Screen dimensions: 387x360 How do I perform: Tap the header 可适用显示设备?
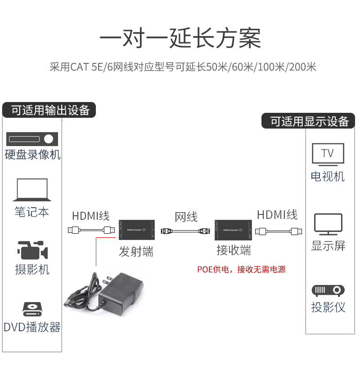pyautogui.click(x=309, y=121)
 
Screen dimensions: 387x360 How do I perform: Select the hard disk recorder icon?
pyautogui.click(x=33, y=138)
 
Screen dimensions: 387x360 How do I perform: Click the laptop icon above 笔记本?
pyautogui.click(x=32, y=190)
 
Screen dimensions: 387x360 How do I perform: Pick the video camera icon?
pyautogui.click(x=32, y=250)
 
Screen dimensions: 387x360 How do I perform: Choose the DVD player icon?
pyautogui.click(x=32, y=309)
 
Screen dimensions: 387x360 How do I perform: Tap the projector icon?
pyautogui.click(x=328, y=290)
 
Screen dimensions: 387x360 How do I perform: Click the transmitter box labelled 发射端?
pyautogui.click(x=136, y=231)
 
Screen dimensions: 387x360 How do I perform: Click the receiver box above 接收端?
pyautogui.click(x=233, y=231)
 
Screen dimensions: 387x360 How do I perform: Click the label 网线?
pyautogui.click(x=186, y=217)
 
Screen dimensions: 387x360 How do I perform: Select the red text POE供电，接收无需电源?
pyautogui.click(x=241, y=270)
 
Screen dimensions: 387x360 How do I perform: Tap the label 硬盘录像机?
pyautogui.click(x=32, y=155)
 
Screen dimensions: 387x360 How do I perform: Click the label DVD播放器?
pyautogui.click(x=32, y=327)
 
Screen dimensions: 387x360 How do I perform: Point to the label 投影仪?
pyautogui.click(x=328, y=307)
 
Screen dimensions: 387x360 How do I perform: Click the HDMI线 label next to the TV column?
pyautogui.click(x=277, y=215)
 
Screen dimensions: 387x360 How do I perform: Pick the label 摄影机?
pyautogui.click(x=32, y=270)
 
